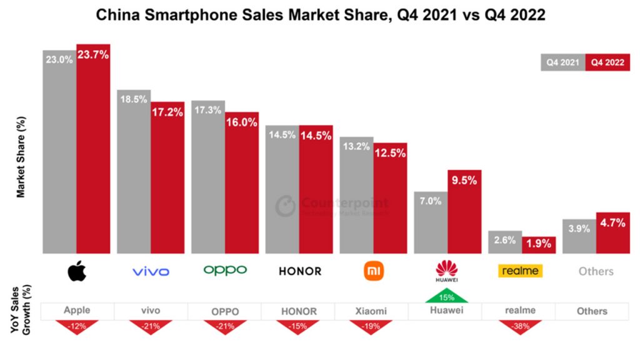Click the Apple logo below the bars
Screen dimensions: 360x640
point(77,271)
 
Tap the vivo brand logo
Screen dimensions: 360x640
point(151,271)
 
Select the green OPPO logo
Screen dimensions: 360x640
point(225,270)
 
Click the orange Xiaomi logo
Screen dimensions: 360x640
point(374,271)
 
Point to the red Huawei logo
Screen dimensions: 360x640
point(447,270)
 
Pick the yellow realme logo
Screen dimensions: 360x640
point(520,271)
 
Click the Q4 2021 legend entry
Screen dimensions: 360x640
point(563,62)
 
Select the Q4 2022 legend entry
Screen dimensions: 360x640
point(607,62)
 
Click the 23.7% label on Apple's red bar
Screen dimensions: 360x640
point(93,54)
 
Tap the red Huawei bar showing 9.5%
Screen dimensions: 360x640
point(464,212)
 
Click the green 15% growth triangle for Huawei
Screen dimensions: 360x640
point(447,297)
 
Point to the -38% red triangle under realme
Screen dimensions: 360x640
point(521,326)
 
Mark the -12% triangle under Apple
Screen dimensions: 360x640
point(77,326)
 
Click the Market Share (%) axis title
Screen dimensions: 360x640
point(21,156)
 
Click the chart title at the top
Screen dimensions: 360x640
point(320,16)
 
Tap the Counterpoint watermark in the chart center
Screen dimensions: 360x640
point(332,206)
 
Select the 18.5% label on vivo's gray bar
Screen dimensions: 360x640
point(134,99)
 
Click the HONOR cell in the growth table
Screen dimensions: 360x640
point(298,311)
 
